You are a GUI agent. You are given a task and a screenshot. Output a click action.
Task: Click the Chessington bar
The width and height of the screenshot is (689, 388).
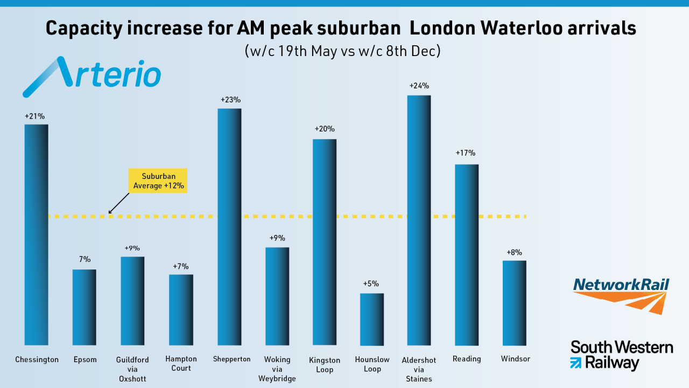36,234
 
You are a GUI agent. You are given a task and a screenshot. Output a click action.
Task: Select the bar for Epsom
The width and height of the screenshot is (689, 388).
85,307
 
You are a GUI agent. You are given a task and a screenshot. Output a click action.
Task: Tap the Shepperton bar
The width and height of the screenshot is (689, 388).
229,226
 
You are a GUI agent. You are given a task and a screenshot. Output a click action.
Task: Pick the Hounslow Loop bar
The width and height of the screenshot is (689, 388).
372,319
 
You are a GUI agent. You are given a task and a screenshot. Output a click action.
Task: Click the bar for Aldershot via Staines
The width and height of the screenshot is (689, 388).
419,220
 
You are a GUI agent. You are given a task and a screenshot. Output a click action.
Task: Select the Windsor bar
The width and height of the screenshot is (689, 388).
514,303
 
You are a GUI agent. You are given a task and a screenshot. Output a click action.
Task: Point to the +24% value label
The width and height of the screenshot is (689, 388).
419,86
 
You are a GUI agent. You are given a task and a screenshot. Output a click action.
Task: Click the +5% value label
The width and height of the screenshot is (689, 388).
371,284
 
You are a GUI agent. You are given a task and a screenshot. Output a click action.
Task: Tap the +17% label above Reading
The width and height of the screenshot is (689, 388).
466,153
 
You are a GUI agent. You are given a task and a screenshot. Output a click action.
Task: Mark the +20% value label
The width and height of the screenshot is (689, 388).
325,129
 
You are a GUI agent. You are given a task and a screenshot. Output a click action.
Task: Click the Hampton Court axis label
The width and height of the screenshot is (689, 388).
181,364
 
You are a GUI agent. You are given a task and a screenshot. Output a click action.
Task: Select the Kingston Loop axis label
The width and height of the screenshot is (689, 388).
325,365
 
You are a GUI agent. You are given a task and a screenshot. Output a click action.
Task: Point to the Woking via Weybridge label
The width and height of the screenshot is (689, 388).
277,369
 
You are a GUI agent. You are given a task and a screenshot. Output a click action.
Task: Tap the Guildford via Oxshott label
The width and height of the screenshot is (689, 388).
132,369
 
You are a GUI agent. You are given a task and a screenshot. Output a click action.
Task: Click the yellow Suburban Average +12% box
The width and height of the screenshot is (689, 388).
158,181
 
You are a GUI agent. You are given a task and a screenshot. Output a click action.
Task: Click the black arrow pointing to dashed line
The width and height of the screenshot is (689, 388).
119,203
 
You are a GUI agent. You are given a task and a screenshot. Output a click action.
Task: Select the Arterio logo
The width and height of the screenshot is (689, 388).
92,75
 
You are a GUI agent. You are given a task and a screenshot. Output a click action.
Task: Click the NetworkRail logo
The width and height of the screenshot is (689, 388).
621,295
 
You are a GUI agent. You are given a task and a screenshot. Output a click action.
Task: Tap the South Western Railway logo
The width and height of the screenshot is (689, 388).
621,355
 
